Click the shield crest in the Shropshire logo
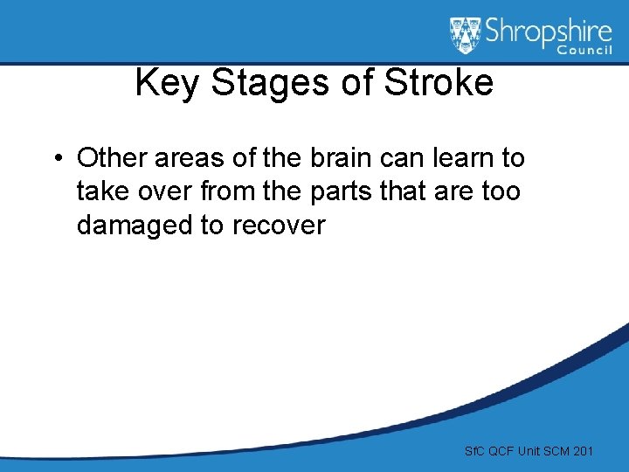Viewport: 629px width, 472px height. point(465,36)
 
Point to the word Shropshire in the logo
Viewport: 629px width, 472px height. point(547,32)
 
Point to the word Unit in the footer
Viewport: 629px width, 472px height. point(529,451)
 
